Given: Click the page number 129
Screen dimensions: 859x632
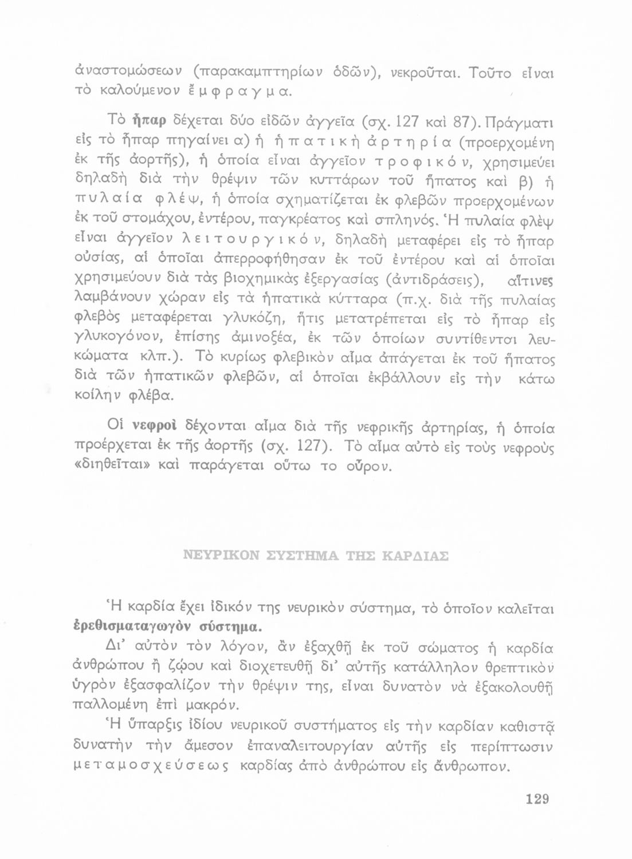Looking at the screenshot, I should point(537,799).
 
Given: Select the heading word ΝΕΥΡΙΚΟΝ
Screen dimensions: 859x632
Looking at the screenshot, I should point(221,556).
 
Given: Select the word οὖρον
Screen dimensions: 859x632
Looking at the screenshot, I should point(367,466).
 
